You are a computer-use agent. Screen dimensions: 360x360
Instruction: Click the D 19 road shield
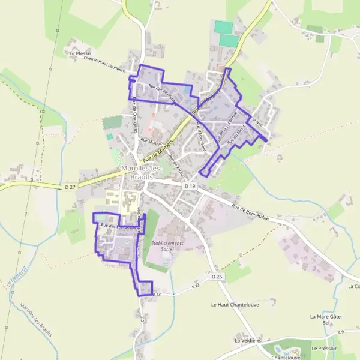(x=190, y=187)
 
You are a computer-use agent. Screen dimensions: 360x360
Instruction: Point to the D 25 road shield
(x=217, y=276)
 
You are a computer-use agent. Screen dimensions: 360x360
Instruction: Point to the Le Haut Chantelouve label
(x=230, y=304)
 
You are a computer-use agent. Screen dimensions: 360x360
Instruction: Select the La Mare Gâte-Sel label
(x=326, y=319)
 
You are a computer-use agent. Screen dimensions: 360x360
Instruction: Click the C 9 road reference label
(x=340, y=332)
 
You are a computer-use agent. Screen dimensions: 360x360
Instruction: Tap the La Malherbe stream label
(x=11, y=273)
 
